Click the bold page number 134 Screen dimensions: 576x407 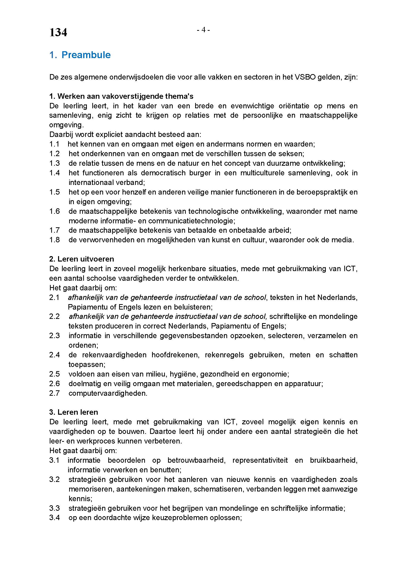[x=58, y=33]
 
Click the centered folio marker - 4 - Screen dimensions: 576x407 [x=203, y=30]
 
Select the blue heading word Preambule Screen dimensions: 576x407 [x=86, y=55]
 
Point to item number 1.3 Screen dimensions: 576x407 [x=54, y=163]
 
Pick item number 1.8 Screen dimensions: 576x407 [x=54, y=240]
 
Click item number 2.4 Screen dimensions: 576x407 [x=54, y=355]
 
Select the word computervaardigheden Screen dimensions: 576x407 [x=108, y=393]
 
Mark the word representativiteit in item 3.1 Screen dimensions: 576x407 [x=260, y=460]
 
